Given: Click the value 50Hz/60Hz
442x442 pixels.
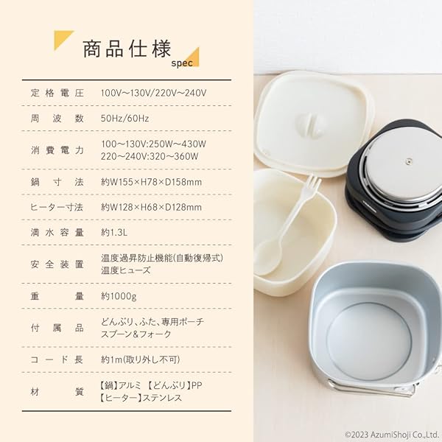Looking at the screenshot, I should [126, 118].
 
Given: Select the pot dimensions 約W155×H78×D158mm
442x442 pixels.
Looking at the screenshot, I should [151, 181].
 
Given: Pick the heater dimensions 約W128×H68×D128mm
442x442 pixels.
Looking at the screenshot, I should [151, 207].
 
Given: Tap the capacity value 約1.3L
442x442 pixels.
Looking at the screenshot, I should [117, 232].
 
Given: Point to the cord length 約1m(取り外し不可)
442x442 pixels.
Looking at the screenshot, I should [140, 359].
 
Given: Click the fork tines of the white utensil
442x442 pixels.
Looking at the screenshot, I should [312, 185].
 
